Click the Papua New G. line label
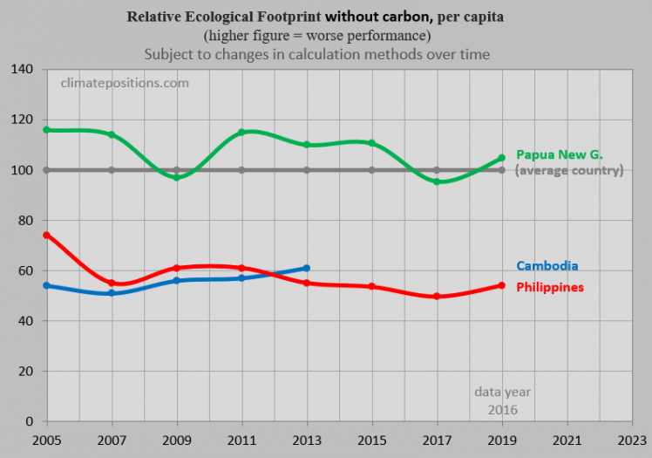click(x=559, y=154)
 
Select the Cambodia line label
click(x=547, y=266)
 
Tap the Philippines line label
click(x=549, y=287)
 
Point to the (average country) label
click(x=569, y=170)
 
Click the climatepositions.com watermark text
click(x=124, y=83)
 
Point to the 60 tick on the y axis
click(x=24, y=271)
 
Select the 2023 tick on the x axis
click(x=631, y=440)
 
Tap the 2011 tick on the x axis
click(x=241, y=440)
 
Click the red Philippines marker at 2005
click(x=46, y=236)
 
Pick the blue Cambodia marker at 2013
click(x=307, y=269)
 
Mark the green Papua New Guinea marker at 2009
click(x=177, y=177)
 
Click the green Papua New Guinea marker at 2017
click(x=437, y=181)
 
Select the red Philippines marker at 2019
click(x=501, y=285)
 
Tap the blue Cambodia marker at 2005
click(x=46, y=285)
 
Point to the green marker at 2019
click(x=501, y=158)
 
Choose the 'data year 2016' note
click(x=502, y=400)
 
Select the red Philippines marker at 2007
click(x=112, y=283)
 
